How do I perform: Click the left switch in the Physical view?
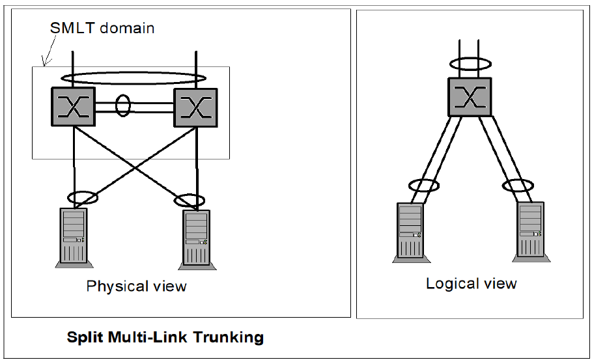(x=74, y=107)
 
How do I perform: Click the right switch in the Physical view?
(x=195, y=107)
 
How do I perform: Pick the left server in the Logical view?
(x=409, y=232)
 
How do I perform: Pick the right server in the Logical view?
(x=530, y=230)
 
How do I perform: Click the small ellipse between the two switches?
(x=122, y=106)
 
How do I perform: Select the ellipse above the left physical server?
(x=83, y=196)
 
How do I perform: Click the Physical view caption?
(x=136, y=286)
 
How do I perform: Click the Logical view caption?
(x=471, y=283)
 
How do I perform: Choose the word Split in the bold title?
(x=83, y=337)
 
